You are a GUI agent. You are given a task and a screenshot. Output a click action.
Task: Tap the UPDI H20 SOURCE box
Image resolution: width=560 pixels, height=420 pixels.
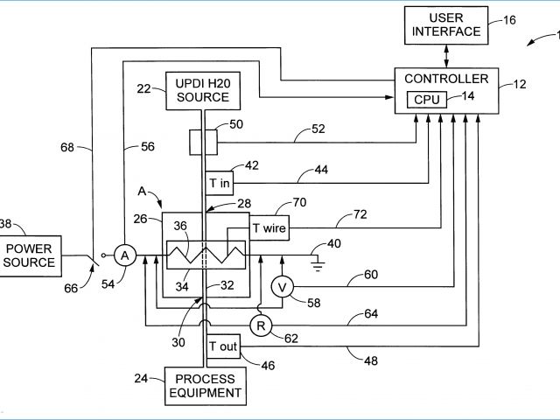coord(203,90)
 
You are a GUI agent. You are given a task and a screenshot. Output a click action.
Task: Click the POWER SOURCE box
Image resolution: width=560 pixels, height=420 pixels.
coord(31,255)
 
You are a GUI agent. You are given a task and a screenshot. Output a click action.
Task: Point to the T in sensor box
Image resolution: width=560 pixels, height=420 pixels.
coord(219,183)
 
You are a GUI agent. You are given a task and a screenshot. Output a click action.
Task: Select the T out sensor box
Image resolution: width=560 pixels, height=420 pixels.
coord(222,346)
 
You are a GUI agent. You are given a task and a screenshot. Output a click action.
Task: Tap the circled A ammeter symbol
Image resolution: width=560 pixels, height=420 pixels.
coord(125,255)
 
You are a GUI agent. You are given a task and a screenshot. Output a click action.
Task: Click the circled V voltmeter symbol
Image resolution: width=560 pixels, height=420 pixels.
coord(282,287)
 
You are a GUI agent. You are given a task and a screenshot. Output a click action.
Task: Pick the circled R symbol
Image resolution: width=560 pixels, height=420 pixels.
coord(260,326)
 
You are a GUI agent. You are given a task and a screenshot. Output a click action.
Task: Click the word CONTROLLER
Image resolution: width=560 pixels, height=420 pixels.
coord(446,80)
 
